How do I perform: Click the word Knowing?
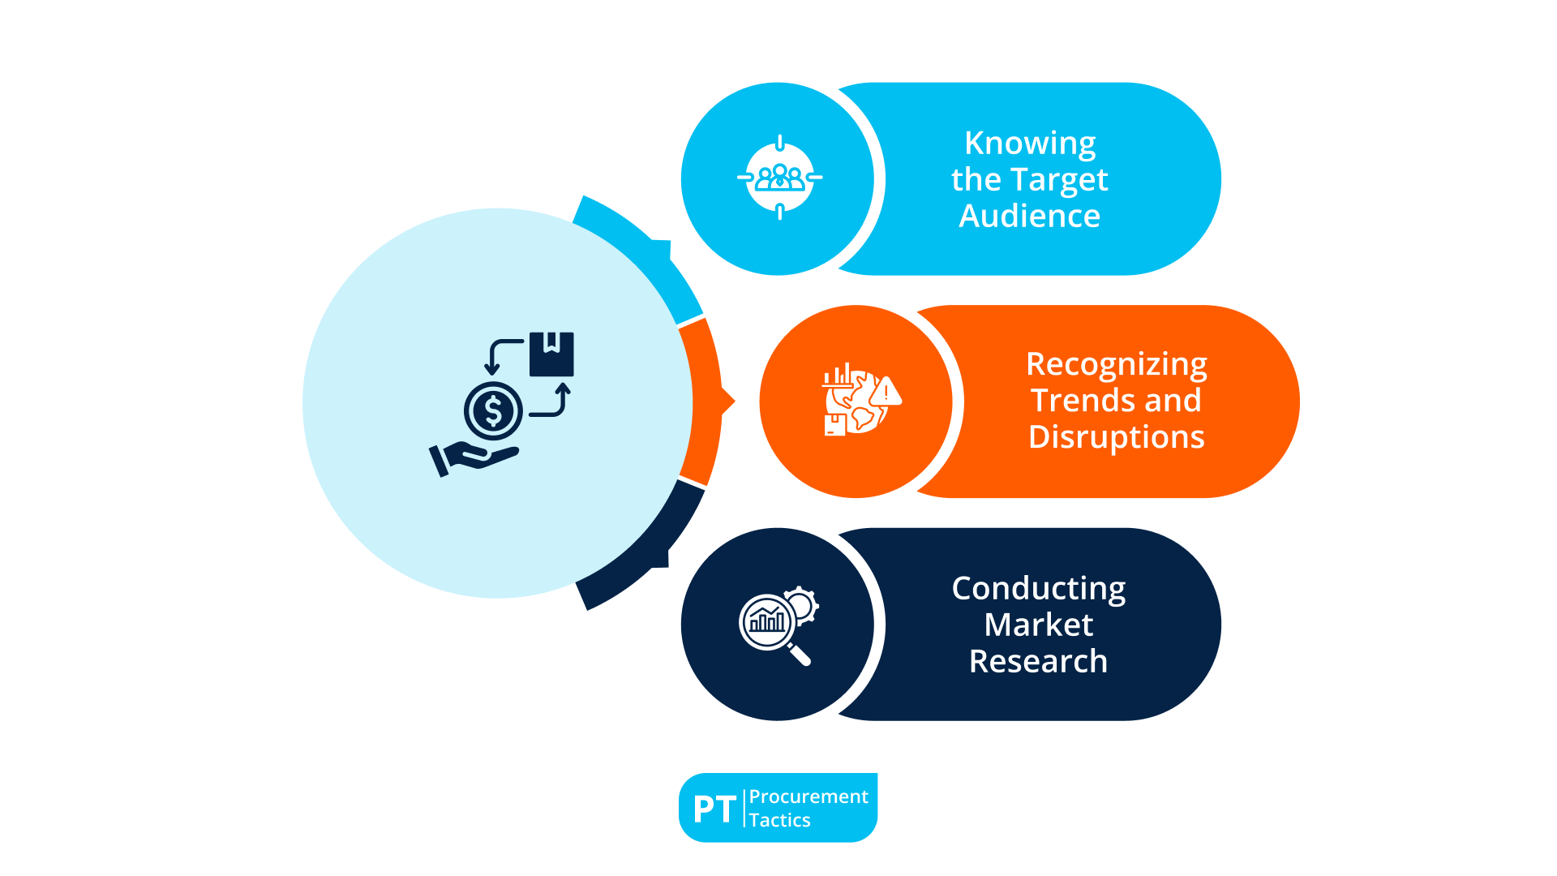coord(1030,144)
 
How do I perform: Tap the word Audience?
coord(1030,216)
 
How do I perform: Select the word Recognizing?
coord(1117,364)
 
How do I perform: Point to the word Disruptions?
coord(1117,437)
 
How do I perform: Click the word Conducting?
coord(1038,588)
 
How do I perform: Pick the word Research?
coord(1038,661)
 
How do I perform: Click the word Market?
coord(1038,625)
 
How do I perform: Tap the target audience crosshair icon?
coord(779,178)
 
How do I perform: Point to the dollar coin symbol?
coord(493,410)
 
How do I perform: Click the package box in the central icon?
coord(551,354)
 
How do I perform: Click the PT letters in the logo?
coord(714,809)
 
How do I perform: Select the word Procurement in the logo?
coord(809,797)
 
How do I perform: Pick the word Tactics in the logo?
coord(779,820)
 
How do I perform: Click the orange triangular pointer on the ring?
coord(728,401)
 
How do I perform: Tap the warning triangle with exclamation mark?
coord(886,393)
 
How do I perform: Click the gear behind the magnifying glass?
coord(802,604)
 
